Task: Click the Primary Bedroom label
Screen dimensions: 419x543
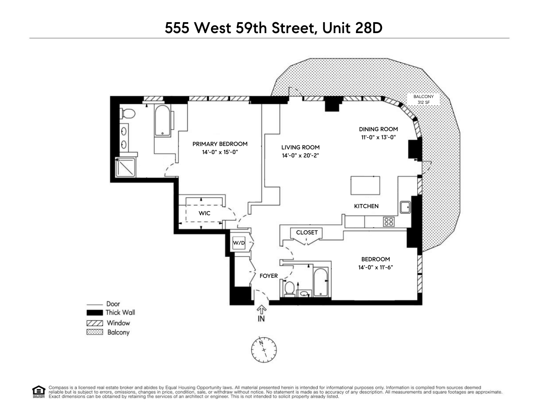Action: point(220,144)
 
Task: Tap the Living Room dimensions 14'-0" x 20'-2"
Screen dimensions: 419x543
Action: point(300,155)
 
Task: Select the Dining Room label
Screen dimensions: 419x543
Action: point(378,129)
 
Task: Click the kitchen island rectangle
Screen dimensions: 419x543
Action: point(365,186)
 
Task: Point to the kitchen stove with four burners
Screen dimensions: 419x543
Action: point(389,222)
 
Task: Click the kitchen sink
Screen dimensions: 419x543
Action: point(405,207)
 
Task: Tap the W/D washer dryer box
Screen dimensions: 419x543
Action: point(239,243)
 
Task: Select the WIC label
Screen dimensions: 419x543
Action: point(205,213)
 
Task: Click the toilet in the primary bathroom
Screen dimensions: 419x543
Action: point(127,114)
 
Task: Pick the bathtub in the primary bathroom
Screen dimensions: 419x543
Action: point(162,121)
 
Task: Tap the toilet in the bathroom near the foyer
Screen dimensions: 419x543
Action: point(289,289)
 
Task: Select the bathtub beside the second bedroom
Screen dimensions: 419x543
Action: point(321,283)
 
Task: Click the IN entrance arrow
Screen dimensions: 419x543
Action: point(261,313)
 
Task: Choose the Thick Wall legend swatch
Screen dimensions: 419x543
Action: point(95,313)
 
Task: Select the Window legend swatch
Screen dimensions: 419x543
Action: point(95,323)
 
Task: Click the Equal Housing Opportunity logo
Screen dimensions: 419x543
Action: point(38,391)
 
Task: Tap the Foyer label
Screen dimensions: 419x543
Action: point(269,276)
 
